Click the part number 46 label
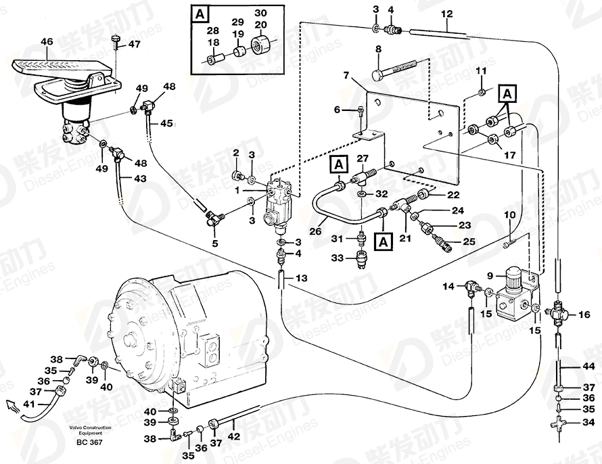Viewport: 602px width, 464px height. click(46, 42)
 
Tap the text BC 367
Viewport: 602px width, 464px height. click(90, 442)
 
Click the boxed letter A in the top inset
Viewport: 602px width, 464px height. click(199, 13)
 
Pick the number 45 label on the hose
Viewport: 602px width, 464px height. click(166, 123)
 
